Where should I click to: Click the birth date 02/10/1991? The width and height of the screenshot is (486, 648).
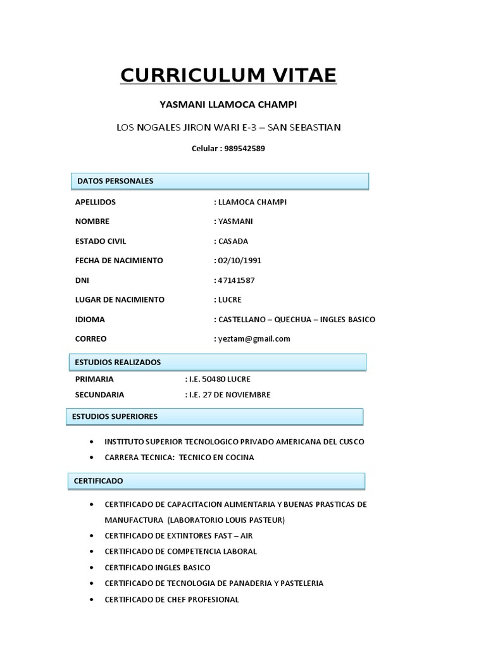(x=240, y=260)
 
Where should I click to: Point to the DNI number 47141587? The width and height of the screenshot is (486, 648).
(x=237, y=280)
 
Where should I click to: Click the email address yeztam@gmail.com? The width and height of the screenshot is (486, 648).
(x=254, y=339)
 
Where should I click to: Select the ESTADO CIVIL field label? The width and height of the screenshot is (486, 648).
(x=101, y=241)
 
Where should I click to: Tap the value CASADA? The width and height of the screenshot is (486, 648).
(x=233, y=241)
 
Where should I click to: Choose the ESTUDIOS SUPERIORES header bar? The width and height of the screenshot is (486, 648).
(x=215, y=416)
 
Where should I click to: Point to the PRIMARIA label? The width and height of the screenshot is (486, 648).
(x=94, y=379)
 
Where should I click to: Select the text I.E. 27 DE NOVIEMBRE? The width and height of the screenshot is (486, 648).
(x=229, y=395)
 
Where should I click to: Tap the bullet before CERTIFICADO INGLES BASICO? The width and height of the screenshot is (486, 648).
(x=93, y=568)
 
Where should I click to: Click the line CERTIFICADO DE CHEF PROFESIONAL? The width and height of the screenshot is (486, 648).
(x=171, y=599)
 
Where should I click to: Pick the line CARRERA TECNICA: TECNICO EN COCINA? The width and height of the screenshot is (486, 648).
(x=179, y=457)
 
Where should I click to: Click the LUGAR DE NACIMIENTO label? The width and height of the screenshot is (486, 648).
(x=120, y=299)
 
